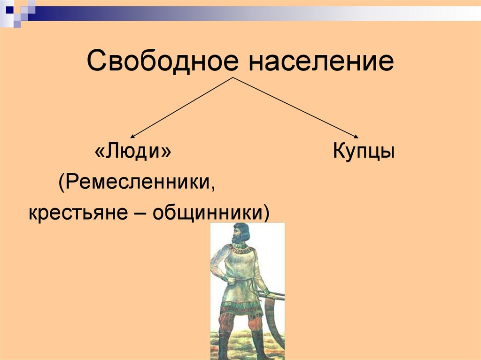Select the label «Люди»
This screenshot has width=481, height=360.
[x=133, y=153]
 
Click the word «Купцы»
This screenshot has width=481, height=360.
[x=364, y=153]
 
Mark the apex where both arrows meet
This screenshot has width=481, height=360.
[x=233, y=77]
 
